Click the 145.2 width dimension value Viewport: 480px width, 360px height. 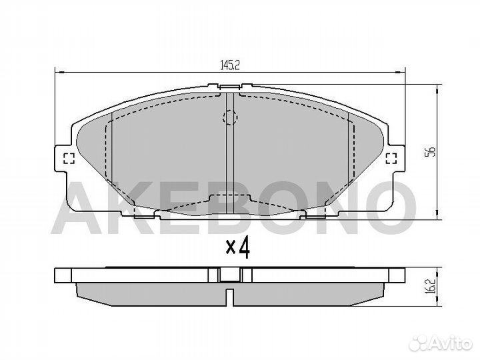click(230, 65)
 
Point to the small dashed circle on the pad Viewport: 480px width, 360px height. click(229, 118)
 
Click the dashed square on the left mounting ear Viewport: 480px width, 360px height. click(67, 158)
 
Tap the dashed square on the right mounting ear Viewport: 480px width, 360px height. click(391, 158)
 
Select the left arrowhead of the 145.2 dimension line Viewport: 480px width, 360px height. click(57, 72)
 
